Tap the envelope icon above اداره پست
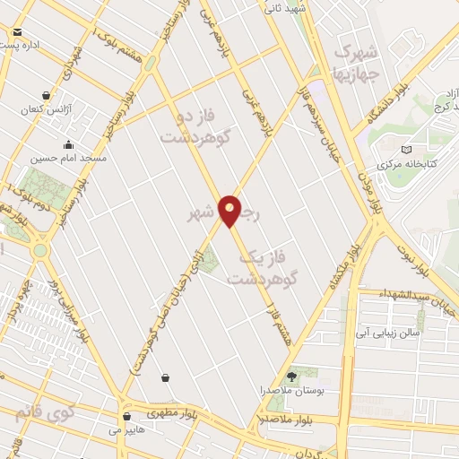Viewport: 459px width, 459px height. [17, 32]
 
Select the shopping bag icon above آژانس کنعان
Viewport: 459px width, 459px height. [46, 95]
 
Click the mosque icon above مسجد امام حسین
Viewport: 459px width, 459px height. [68, 145]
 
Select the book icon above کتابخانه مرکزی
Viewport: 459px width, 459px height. [408, 151]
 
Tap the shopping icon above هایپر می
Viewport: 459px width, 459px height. [127, 416]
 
